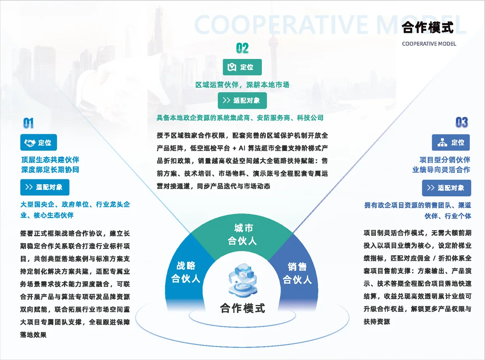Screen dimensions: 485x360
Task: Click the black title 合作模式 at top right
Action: (x=428, y=27)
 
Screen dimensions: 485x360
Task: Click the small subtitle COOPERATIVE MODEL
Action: (x=429, y=44)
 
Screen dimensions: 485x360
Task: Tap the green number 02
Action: (x=242, y=48)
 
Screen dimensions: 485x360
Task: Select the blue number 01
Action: (x=28, y=123)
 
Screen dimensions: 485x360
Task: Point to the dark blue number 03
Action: (x=462, y=122)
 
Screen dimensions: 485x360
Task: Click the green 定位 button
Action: (x=242, y=67)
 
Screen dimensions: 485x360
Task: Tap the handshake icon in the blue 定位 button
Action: (x=30, y=143)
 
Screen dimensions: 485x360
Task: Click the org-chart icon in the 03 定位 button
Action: (x=442, y=143)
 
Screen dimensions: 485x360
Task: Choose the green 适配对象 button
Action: (x=242, y=101)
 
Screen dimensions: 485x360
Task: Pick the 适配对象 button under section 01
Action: (x=45, y=187)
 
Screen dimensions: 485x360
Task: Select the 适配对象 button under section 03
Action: (x=447, y=188)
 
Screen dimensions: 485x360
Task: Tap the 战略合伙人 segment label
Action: (x=186, y=272)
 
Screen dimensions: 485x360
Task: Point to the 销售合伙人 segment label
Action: (x=297, y=273)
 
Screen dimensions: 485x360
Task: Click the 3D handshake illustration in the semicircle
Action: (x=243, y=279)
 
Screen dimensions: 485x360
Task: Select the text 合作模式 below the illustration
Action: (x=242, y=308)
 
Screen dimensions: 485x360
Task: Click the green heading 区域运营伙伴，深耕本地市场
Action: (x=242, y=85)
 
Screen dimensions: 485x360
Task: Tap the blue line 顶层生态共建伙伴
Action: (x=50, y=160)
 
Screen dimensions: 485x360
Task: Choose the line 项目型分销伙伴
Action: (x=445, y=160)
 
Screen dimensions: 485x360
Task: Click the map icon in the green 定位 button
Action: (x=232, y=67)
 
